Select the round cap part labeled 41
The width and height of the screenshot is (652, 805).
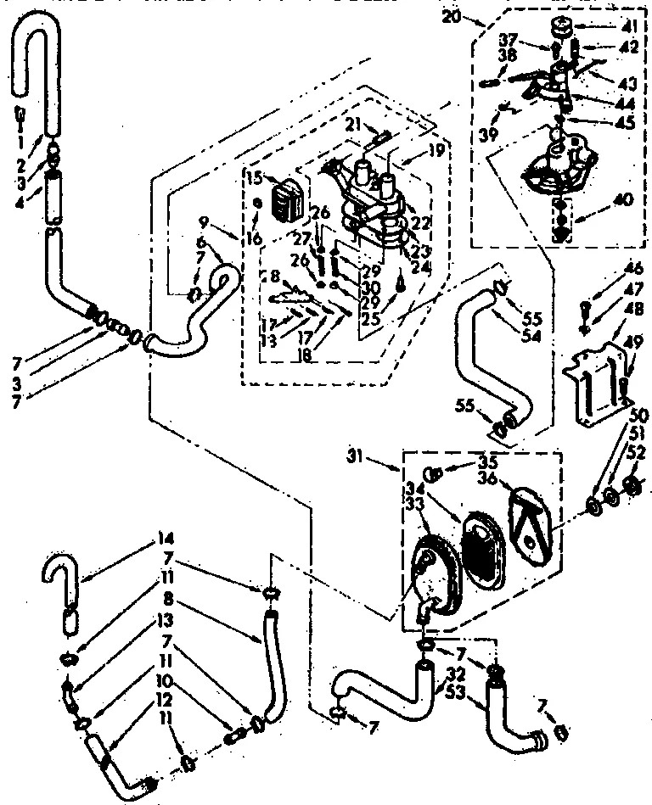pyautogui.click(x=561, y=25)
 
